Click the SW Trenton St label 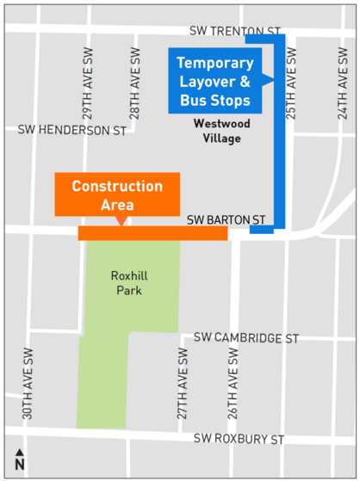[236, 32]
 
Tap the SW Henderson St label [71, 131]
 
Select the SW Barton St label [226, 220]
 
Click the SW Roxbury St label [239, 440]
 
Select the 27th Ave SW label [183, 384]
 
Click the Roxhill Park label [127, 283]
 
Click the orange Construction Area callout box [117, 194]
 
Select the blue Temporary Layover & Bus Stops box [215, 83]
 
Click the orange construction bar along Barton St [152, 233]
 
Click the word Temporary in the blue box [215, 64]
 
